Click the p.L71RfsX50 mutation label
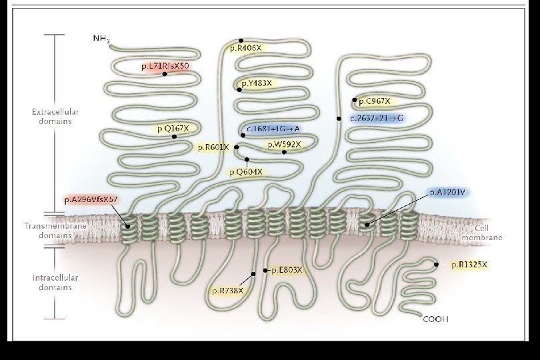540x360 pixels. click(165, 67)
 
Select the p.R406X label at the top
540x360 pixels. click(247, 48)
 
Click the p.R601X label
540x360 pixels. click(213, 147)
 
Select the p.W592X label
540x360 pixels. click(285, 144)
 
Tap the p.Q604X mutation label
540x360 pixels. click(246, 172)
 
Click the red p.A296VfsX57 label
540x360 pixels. click(91, 199)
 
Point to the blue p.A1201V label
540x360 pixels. click(449, 192)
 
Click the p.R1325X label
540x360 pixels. click(469, 265)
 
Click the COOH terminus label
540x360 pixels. click(436, 319)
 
